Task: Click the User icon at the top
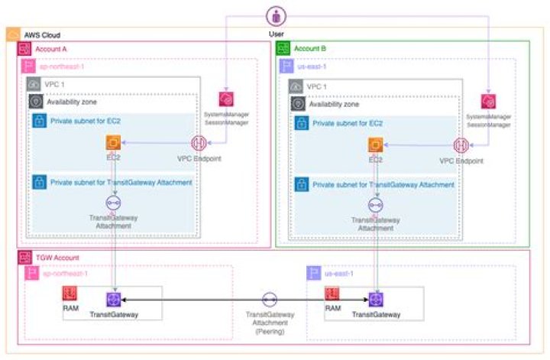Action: pyautogui.click(x=275, y=15)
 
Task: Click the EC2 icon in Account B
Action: pyautogui.click(x=375, y=144)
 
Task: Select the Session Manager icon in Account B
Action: pyautogui.click(x=489, y=101)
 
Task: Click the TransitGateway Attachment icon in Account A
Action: pyautogui.click(x=114, y=203)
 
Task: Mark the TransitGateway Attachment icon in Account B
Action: pyautogui.click(x=375, y=205)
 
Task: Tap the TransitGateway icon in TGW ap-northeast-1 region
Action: pyautogui.click(x=114, y=300)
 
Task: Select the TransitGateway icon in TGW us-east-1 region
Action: pyautogui.click(x=375, y=300)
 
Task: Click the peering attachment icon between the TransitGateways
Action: pyautogui.click(x=269, y=300)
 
